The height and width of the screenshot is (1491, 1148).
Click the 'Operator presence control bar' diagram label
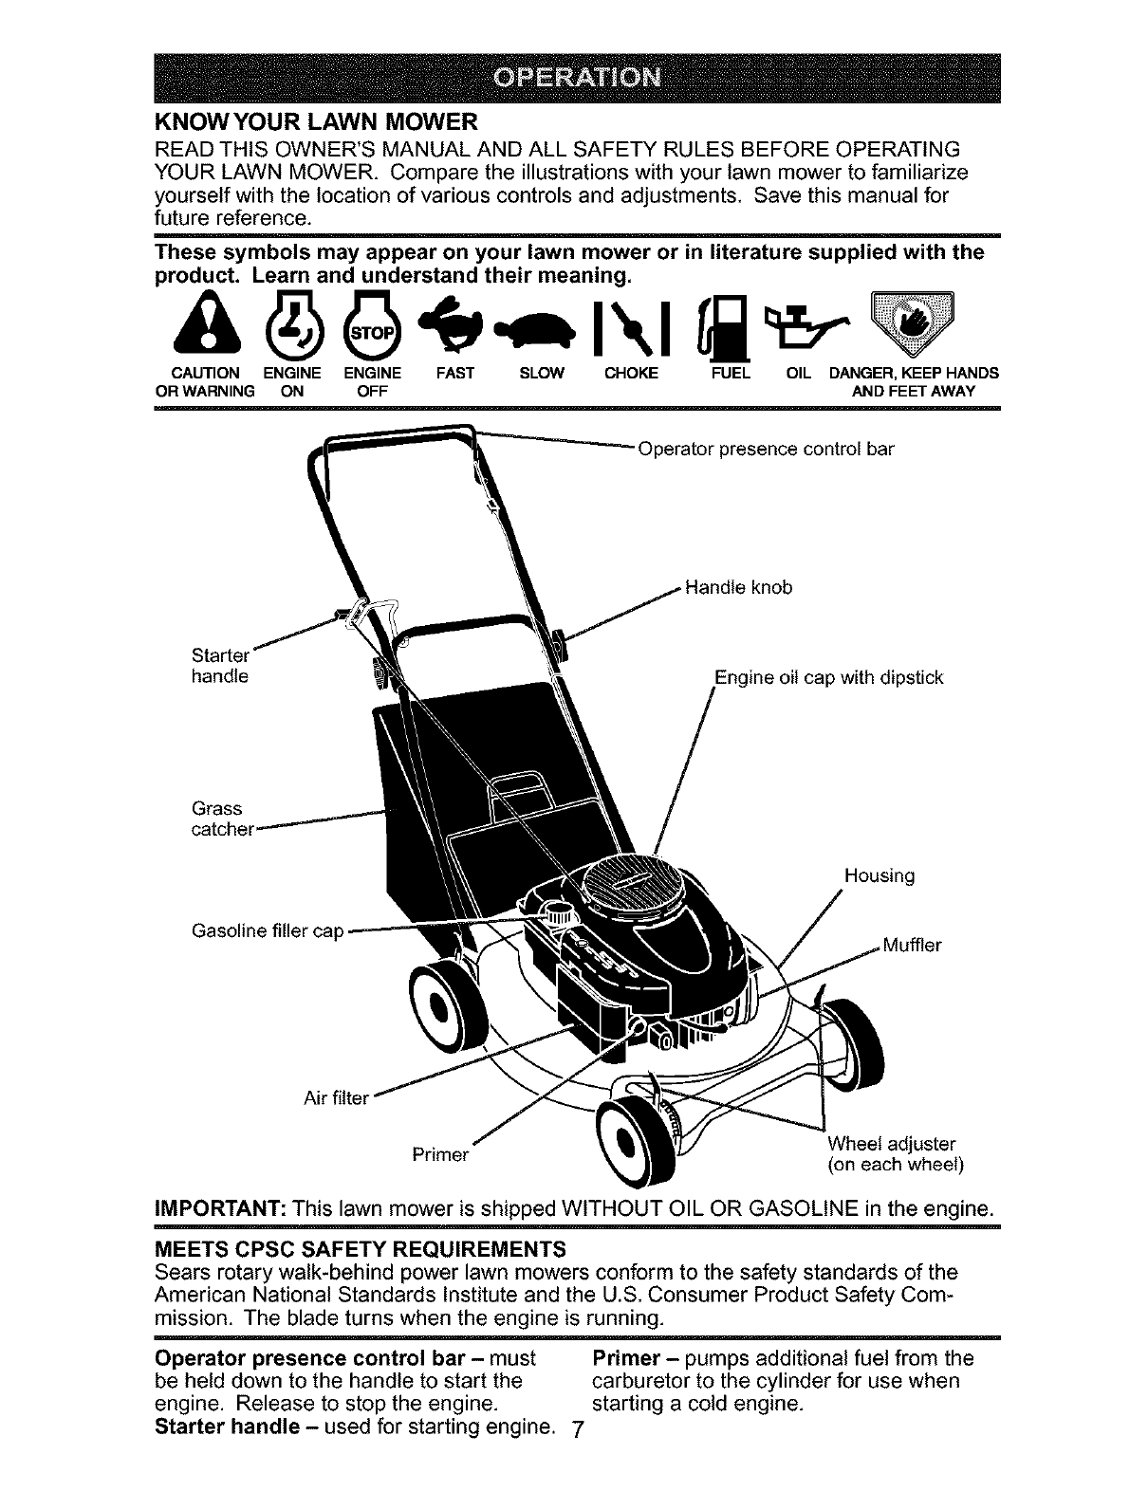766,449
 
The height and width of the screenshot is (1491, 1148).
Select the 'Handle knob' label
737,587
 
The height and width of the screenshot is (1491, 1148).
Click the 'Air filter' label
335,1098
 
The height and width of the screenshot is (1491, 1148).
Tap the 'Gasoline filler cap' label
267,930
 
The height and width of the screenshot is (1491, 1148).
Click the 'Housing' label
879,875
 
